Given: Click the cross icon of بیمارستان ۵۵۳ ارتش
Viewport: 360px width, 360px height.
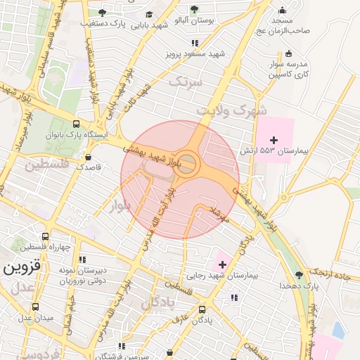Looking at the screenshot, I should tap(274, 141).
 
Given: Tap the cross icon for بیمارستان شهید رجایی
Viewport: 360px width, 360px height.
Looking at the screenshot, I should tap(223, 264).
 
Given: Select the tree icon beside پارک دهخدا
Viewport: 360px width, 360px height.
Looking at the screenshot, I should tap(299, 275).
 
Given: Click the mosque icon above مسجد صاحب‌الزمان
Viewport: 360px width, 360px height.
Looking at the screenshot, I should tap(282, 10).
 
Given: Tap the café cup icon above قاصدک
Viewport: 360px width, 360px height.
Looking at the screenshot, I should tap(89, 157).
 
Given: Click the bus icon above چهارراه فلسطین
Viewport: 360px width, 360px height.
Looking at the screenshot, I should tap(46, 237).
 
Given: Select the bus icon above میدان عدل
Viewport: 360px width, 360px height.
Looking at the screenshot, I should tap(35, 307).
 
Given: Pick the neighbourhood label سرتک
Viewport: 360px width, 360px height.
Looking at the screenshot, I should tap(186, 82).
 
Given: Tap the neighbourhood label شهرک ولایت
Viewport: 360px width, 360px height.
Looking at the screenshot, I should tap(231, 110).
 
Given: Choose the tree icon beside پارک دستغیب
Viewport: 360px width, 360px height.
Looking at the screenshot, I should tap(103, 13).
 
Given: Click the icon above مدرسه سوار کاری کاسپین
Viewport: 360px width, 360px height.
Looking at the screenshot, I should tap(288, 53).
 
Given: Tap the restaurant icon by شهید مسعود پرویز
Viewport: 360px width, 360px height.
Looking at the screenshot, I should tap(195, 43).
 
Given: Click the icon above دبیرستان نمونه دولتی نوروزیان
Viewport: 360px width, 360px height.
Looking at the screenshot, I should tap(82, 259).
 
